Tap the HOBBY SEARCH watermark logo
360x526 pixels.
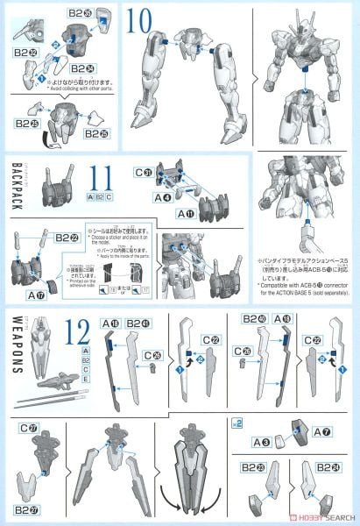319,515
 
